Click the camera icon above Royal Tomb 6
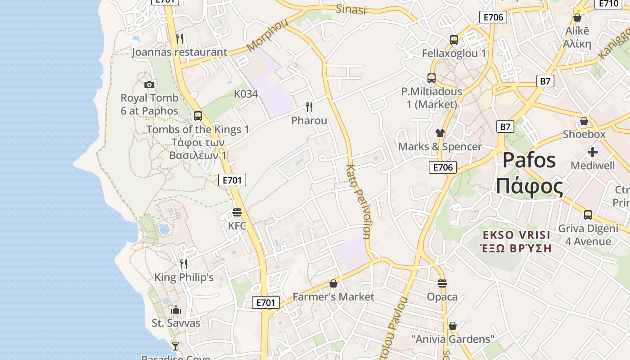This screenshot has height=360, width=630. [x=149, y=85]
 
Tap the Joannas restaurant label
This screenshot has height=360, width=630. [x=179, y=52]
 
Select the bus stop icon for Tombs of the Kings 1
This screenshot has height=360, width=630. [x=198, y=116]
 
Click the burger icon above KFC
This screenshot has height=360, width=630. [x=237, y=212]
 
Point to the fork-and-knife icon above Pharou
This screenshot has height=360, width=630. [x=309, y=107]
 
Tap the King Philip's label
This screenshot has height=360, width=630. [x=184, y=277]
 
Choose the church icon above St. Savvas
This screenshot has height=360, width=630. [x=176, y=310]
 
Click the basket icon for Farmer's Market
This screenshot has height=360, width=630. [x=333, y=283]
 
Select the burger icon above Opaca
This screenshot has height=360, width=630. [x=442, y=283]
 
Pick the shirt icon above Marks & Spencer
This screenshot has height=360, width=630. [x=440, y=133]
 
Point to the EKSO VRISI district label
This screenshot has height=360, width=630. [x=516, y=235]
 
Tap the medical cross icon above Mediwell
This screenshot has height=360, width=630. [x=593, y=152]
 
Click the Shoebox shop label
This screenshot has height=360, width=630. [x=584, y=134]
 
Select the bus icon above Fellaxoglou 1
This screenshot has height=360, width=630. [x=454, y=40]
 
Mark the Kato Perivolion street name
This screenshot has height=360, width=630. [x=359, y=202]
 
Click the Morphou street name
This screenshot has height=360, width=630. [x=267, y=36]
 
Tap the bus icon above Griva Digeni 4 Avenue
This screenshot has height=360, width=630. [x=588, y=215]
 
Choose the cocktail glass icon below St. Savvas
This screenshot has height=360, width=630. [x=175, y=346]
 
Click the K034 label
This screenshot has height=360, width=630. [x=246, y=94]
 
